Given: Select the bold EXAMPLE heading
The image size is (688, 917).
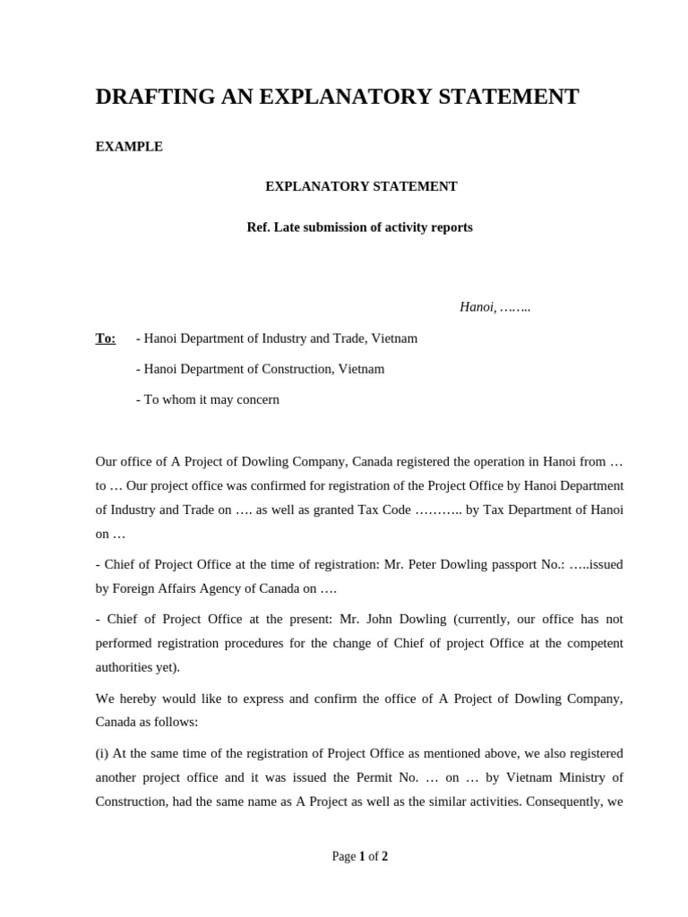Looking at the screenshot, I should [x=129, y=147].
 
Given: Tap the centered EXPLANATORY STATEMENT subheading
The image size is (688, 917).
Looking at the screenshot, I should [x=361, y=186].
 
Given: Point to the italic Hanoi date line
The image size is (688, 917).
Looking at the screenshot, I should [x=495, y=307].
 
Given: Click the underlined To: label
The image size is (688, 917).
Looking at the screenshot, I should [x=106, y=339].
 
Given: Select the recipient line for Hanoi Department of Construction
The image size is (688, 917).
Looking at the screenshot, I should [x=260, y=369].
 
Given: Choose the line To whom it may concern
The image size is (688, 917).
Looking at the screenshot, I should [x=207, y=399].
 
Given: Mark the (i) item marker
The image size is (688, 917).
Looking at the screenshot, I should [x=102, y=753].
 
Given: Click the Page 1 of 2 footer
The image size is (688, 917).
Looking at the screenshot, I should [x=360, y=856].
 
